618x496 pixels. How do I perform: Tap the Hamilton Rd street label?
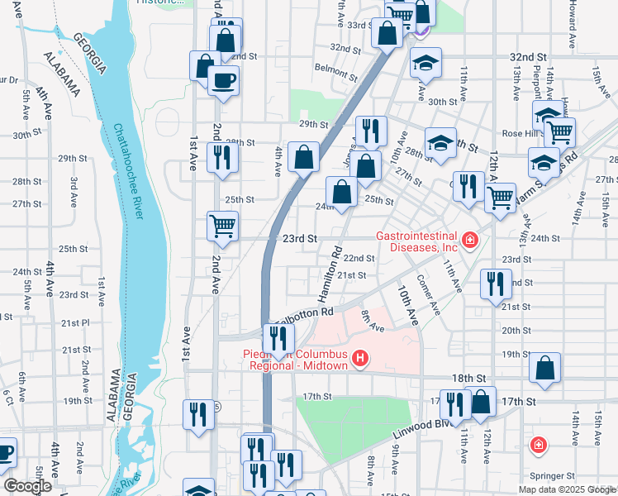(x=328, y=277)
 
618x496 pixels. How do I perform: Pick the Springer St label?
(x=552, y=476)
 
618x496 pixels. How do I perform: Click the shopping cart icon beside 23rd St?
(x=222, y=226)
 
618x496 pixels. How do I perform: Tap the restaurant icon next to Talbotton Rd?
(x=278, y=338)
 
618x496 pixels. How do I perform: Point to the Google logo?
(x=28, y=485)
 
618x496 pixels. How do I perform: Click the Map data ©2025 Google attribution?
(x=566, y=489)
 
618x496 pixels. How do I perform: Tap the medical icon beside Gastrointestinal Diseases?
(x=470, y=241)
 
